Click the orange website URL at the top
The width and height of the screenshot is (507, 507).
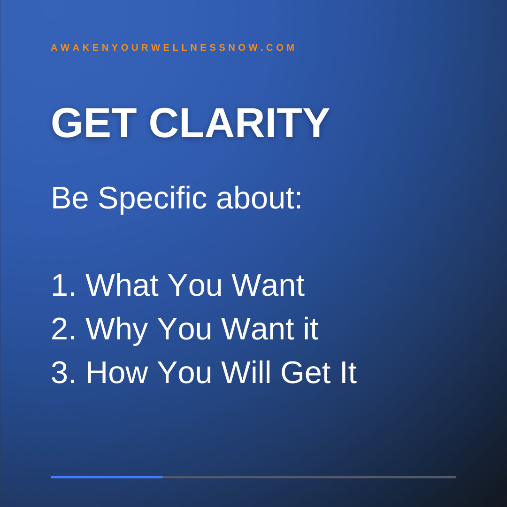coord(173,47)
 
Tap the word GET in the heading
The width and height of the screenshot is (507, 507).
coord(94,123)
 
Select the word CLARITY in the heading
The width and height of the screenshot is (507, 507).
coord(239,123)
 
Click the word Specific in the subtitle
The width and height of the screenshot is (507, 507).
coord(152,199)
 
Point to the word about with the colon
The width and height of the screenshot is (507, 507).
coord(259,198)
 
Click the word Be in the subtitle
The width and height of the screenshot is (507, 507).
coord(69,198)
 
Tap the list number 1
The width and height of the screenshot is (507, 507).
coord(63,285)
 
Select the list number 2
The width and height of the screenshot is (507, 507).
coord(63,329)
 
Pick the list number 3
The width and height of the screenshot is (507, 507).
coord(63,373)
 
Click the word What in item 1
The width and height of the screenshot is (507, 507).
coord(122,285)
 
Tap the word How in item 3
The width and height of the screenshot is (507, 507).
coord(117,372)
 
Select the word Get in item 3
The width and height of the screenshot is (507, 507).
coord(306,372)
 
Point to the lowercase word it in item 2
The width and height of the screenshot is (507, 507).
coord(311,329)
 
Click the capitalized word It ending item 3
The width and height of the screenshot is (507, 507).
coord(348,372)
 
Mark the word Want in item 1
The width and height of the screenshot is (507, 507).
coord(268,285)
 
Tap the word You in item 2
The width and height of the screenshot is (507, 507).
coord(184,329)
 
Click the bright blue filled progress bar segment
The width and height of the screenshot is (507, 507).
coord(107,477)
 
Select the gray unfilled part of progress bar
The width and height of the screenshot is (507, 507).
coord(309,477)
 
